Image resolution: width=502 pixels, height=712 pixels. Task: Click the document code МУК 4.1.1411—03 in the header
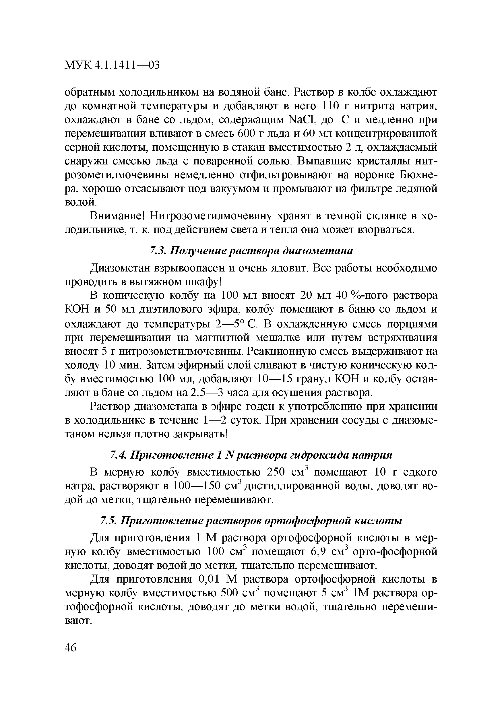[112, 65]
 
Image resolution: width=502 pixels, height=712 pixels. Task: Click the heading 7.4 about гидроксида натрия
[251, 455]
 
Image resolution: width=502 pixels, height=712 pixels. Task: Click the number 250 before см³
[275, 472]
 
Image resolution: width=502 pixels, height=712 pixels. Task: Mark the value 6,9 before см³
[319, 552]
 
